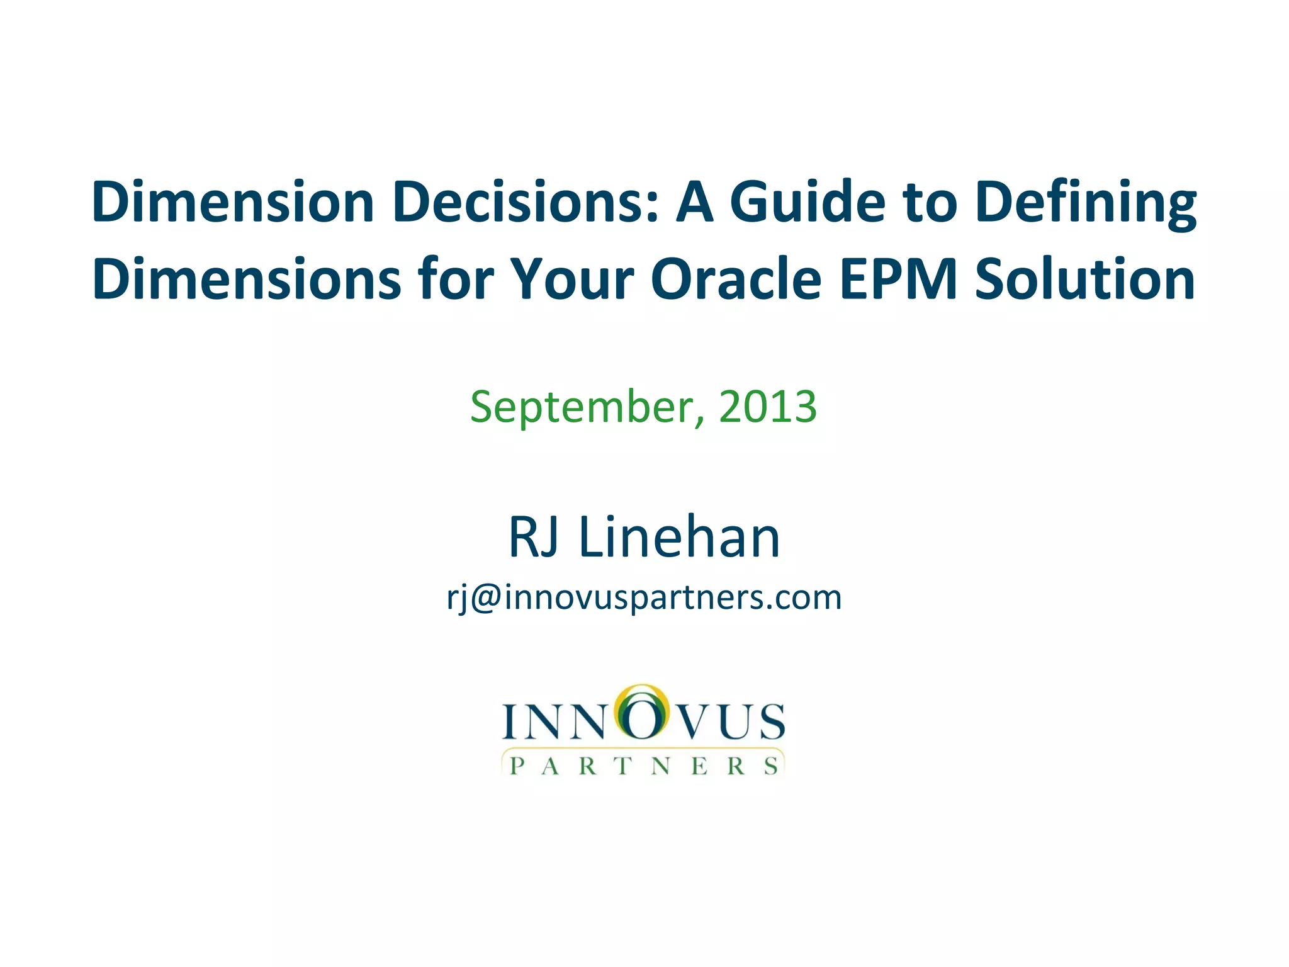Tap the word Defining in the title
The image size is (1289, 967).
1086,203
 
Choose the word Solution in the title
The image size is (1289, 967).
1084,279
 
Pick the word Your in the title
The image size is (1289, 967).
571,279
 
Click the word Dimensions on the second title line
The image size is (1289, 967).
247,279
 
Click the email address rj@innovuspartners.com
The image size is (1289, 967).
644,597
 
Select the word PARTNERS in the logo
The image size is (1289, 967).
644,766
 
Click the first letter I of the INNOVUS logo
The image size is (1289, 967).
510,721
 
